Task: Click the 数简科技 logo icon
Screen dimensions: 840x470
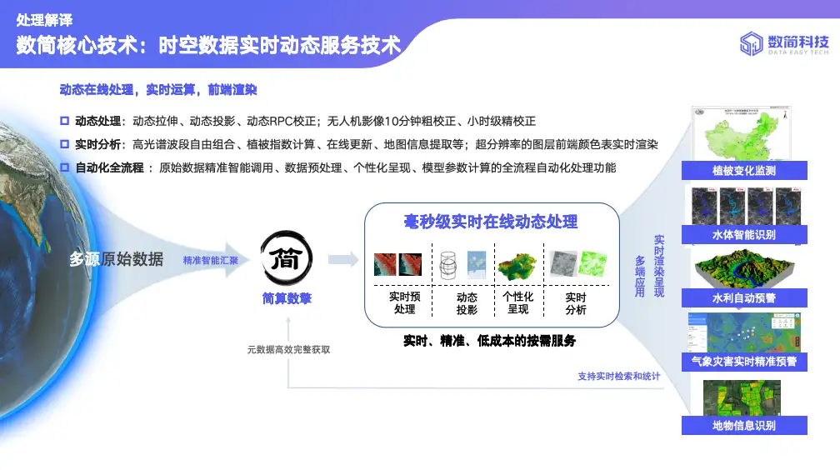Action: [752, 43]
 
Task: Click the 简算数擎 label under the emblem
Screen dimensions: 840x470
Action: [287, 299]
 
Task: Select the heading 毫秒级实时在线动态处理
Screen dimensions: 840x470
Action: [491, 222]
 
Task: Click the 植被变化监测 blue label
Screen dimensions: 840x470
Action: [744, 171]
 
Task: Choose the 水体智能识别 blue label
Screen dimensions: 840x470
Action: [744, 235]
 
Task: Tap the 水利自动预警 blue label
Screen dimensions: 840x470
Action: [744, 298]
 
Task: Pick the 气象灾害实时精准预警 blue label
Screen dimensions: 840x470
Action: [744, 362]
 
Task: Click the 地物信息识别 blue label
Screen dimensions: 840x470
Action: [744, 426]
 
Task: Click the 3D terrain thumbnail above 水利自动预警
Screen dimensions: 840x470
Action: [744, 267]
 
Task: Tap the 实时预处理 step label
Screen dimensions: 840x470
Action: [405, 303]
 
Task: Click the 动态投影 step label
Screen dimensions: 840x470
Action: [467, 303]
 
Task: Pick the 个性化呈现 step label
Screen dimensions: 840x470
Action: [518, 303]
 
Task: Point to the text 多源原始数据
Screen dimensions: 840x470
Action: [116, 259]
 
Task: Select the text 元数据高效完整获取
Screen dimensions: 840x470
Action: [288, 349]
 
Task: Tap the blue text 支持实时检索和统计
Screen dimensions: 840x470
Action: [618, 377]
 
